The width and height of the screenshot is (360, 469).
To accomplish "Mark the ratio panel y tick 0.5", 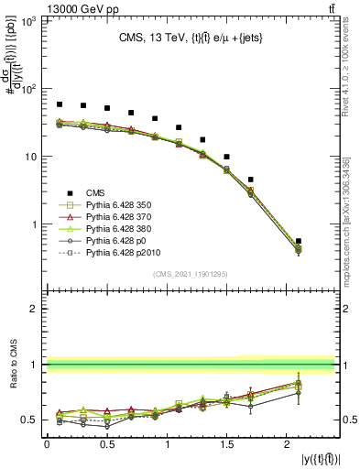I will pos(31,420).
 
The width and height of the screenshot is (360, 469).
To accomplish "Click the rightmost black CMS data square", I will pos(299,241).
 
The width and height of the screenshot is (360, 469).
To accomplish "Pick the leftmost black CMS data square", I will pos(60,104).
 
